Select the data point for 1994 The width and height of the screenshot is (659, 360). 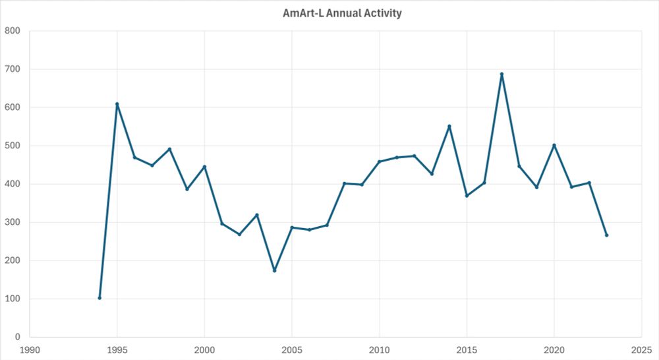coord(100,298)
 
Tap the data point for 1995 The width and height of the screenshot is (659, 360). coord(117,104)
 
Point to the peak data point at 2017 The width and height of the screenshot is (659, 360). coord(501,74)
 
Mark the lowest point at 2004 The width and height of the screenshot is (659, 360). coord(274,270)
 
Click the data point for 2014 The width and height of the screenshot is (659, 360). coord(449,126)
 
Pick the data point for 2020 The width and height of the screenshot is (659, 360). coord(554,145)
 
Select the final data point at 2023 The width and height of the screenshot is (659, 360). coord(606,235)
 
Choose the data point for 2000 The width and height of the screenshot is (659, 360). coord(204,167)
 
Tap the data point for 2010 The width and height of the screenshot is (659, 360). coord(380,162)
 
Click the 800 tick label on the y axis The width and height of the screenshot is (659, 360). coord(12,31)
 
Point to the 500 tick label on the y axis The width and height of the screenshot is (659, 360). coord(12,146)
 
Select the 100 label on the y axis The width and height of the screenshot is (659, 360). coord(12,299)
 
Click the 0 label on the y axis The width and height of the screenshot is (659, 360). coord(16,337)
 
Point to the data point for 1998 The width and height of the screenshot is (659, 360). coord(169,149)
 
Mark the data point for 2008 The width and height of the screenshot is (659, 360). coord(345,183)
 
